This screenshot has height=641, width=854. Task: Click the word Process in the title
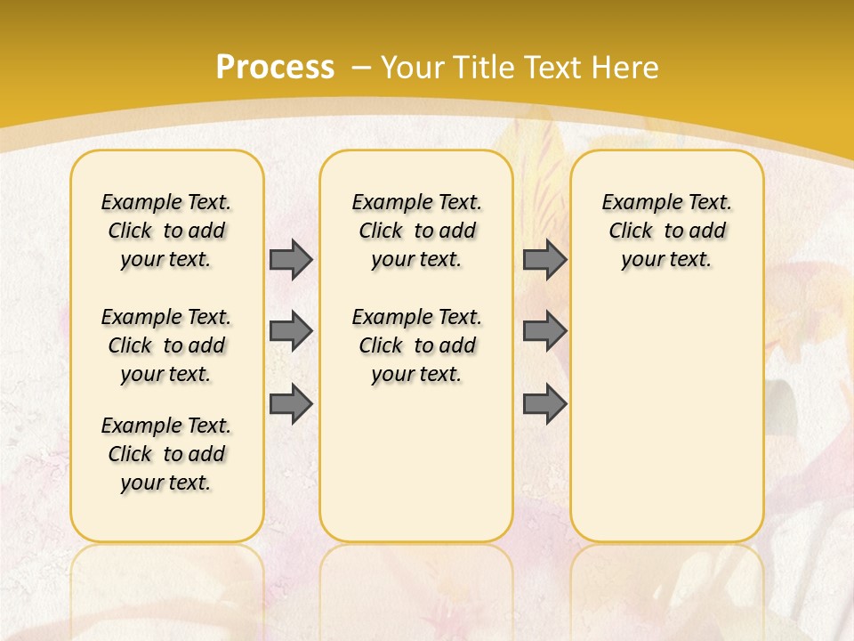pos(275,67)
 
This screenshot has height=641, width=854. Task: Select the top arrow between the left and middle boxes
pos(291,259)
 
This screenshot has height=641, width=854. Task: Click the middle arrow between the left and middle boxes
pos(291,331)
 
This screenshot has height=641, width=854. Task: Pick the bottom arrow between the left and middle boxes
pos(291,404)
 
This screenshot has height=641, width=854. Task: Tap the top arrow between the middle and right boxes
pos(544,259)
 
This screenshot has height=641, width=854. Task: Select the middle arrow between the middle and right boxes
pos(544,331)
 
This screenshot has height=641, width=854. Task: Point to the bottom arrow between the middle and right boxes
pos(544,404)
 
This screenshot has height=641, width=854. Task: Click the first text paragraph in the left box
pos(166,231)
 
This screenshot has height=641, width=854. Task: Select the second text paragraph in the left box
pos(166,345)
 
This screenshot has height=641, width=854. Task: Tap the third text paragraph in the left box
pos(166,454)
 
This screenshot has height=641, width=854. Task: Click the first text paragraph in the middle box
pos(417,231)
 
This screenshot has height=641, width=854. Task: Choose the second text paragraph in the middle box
pos(417,345)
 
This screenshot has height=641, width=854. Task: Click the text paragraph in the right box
pos(667,231)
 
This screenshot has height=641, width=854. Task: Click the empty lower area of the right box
pos(667,427)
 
